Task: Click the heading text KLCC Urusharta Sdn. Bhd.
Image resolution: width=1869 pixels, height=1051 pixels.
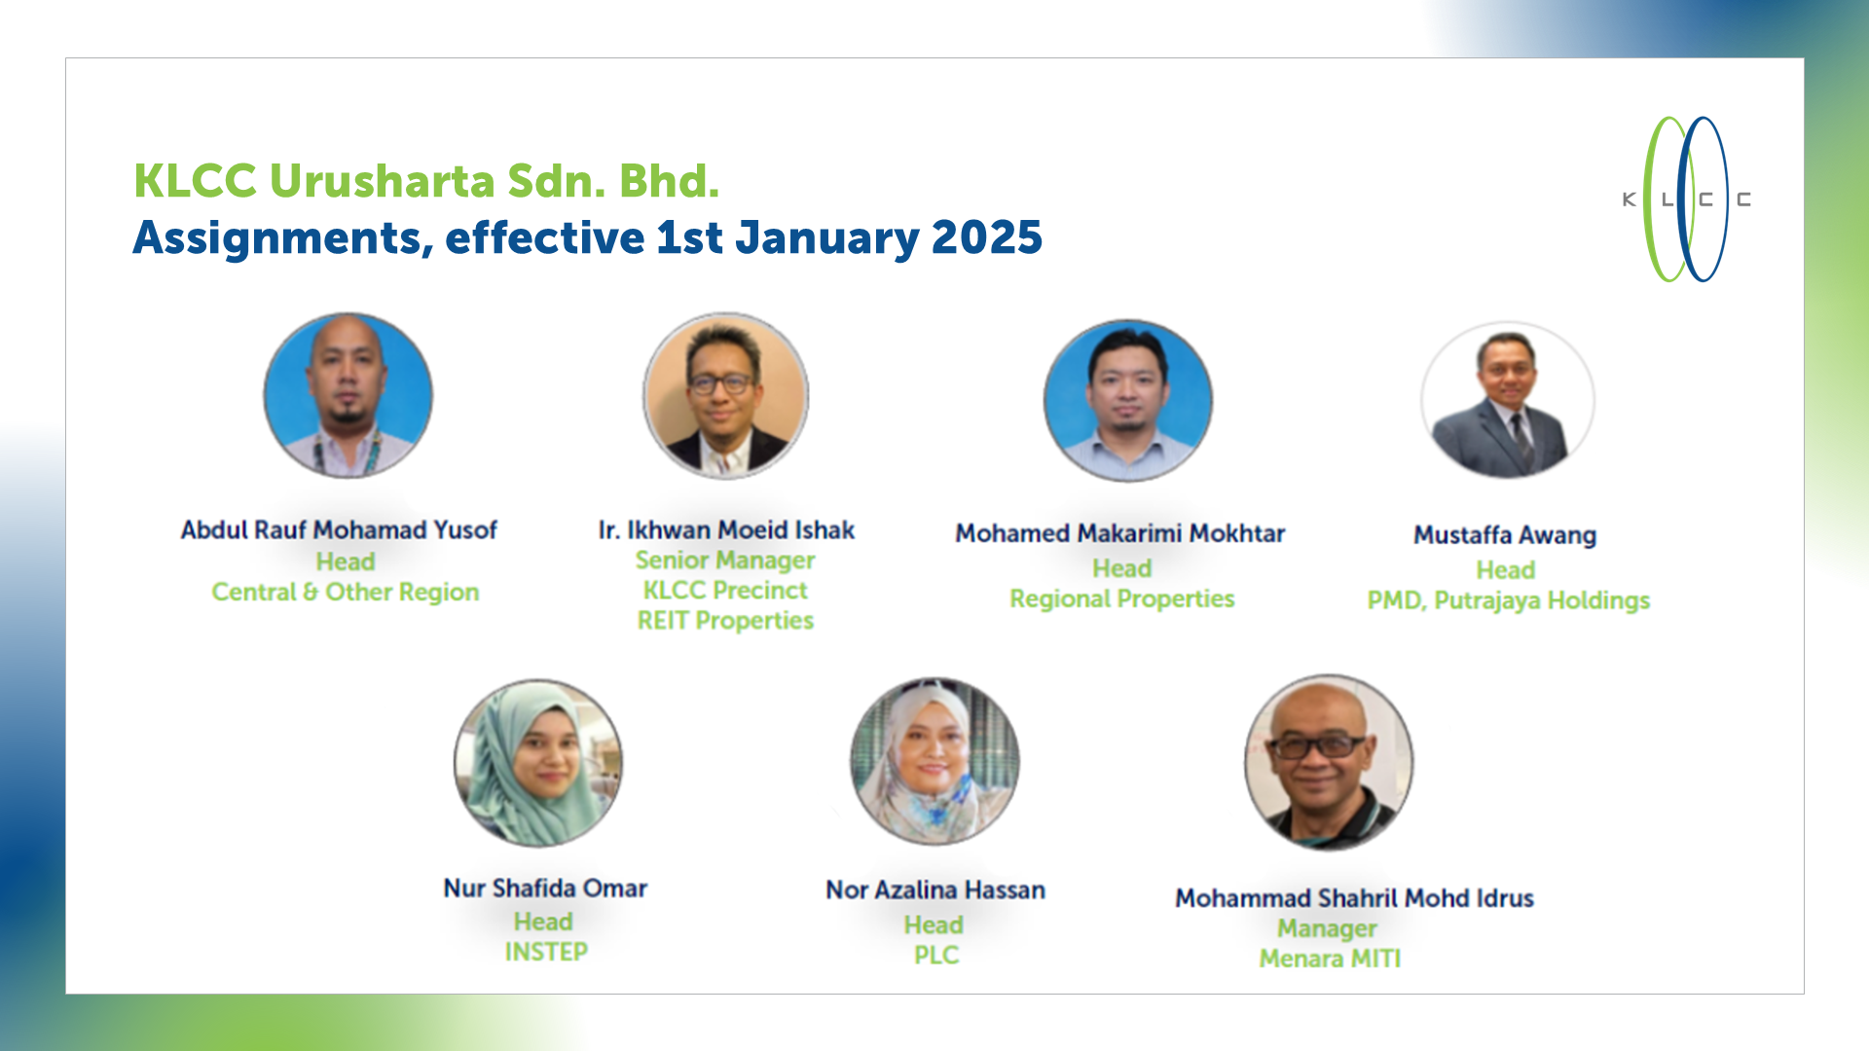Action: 426,181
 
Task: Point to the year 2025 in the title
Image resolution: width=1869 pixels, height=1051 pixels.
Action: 986,237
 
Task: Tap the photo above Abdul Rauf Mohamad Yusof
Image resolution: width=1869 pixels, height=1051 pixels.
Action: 348,395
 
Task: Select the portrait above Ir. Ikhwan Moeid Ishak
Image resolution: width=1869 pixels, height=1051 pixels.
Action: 725,395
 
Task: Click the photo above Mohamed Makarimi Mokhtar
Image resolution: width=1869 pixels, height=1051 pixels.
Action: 1128,400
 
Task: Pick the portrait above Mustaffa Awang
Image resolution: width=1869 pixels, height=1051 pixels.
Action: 1507,400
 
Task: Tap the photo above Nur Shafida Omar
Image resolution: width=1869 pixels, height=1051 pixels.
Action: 538,763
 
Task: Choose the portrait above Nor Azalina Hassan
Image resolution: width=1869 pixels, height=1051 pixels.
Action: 934,761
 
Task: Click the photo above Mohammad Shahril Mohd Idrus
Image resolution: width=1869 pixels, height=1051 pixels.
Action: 1329,762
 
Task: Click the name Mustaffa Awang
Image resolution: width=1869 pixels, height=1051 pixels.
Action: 1505,535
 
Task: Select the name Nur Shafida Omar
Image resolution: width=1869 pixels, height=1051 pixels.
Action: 545,888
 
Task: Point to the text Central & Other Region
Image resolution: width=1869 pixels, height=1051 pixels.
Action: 346,592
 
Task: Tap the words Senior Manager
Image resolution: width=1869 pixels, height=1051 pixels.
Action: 725,561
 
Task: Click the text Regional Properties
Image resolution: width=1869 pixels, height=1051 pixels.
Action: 1121,598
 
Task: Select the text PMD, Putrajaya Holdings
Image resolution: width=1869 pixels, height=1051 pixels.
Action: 1508,600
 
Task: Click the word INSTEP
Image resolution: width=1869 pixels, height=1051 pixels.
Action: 546,952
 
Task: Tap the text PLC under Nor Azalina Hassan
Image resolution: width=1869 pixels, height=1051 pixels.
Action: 935,956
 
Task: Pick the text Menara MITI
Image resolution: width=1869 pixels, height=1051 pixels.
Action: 1330,959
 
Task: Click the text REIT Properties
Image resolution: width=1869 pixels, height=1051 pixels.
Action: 725,621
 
